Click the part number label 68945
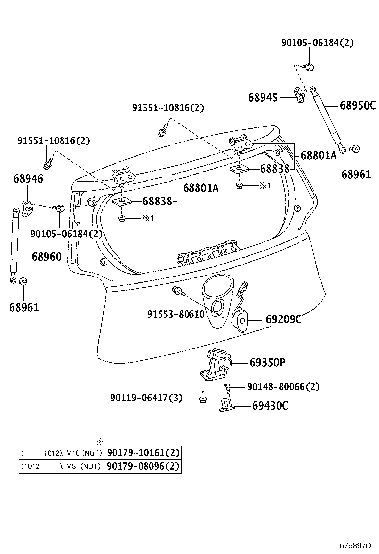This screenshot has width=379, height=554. point(263,97)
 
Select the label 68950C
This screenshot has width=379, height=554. point(357,105)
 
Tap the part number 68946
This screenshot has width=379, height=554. point(28,178)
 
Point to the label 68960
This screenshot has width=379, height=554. point(47,257)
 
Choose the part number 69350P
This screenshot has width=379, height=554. point(267,362)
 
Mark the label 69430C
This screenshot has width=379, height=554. point(270,406)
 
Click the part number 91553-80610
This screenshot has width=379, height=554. point(176,314)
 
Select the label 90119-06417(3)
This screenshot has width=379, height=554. point(146,397)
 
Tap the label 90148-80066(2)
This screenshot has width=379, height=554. point(283,386)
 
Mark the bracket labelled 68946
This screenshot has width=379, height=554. point(27,208)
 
